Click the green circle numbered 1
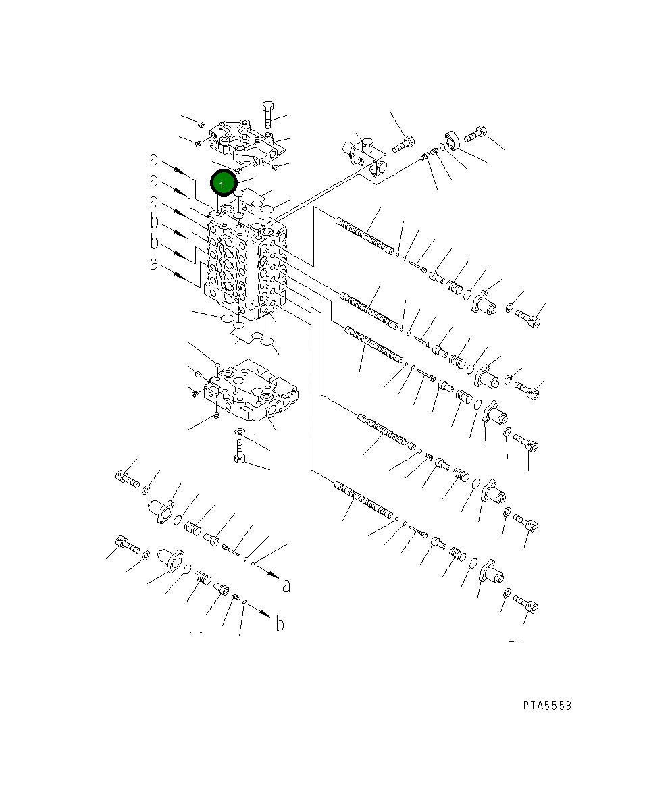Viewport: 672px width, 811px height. tap(224, 182)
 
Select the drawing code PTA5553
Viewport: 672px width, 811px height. tap(547, 706)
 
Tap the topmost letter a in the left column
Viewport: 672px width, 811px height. tap(154, 159)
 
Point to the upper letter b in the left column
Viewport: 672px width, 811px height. tap(154, 221)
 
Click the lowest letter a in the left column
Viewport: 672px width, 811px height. tap(154, 264)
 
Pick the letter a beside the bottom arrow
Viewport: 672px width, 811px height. tap(286, 585)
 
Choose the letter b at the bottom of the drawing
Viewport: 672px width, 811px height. tap(280, 624)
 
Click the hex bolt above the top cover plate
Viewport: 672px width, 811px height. tap(267, 115)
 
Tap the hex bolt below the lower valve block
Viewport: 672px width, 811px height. tap(239, 451)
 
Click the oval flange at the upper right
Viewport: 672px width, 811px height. tap(452, 140)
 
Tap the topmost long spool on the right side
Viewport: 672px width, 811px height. tap(365, 236)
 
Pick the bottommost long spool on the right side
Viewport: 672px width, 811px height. tap(364, 500)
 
